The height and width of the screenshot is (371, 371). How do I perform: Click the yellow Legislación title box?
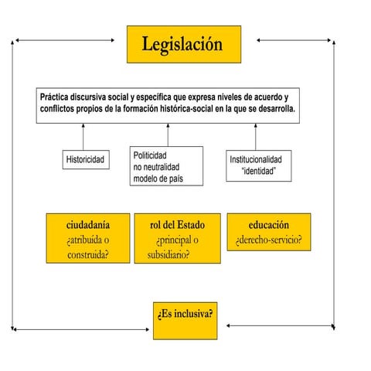[182, 44]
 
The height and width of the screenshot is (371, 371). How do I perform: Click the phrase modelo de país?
[158, 179]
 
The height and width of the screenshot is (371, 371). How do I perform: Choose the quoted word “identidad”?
[260, 171]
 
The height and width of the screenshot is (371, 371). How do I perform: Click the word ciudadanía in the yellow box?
[87, 224]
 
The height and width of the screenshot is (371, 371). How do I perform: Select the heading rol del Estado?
[177, 224]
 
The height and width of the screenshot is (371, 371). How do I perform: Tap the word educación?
[268, 224]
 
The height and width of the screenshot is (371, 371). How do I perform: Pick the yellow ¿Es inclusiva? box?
[185, 315]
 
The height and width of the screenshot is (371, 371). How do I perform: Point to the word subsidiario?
[168, 254]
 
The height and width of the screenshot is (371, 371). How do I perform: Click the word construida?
[87, 254]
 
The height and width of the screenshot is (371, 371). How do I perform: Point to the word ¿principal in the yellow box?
[177, 240]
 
